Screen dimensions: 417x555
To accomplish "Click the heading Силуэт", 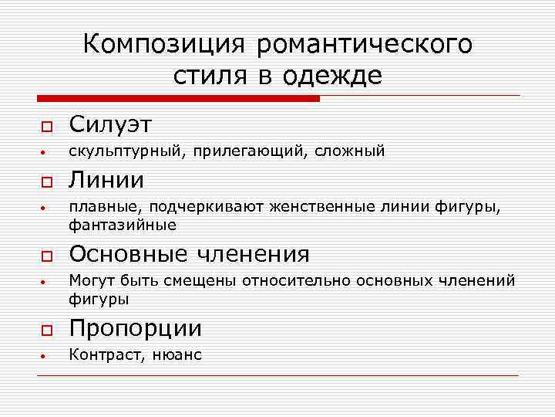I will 111,124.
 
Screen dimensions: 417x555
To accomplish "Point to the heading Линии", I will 107,180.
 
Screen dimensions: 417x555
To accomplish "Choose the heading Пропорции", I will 136,328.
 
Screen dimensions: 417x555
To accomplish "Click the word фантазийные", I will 123,225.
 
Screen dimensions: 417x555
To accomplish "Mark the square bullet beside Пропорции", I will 45,331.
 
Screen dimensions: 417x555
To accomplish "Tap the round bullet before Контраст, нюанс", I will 45,357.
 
